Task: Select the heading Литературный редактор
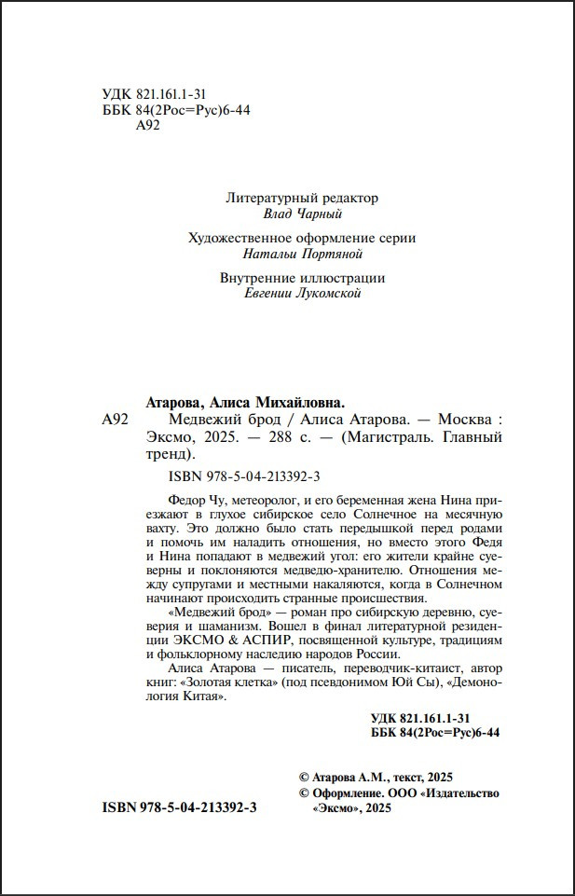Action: click(x=303, y=198)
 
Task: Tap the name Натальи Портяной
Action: click(x=303, y=254)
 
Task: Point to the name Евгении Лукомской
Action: click(x=303, y=293)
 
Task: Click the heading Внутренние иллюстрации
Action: click(x=303, y=278)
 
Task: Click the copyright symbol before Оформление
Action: click(x=303, y=793)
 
